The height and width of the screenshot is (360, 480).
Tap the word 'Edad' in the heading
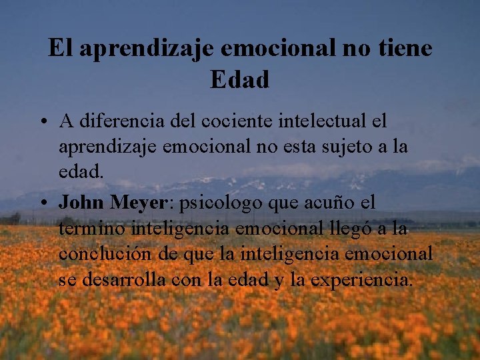pos(240,80)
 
